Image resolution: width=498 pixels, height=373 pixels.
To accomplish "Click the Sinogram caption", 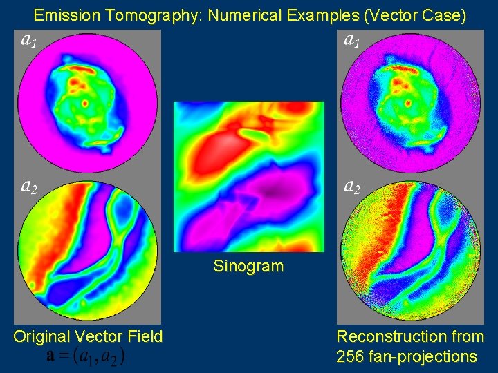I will pyautogui.click(x=248, y=266).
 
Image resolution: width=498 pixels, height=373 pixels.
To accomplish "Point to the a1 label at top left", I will pyautogui.click(x=28, y=39).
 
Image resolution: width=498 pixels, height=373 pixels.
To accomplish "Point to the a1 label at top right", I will pyautogui.click(x=352, y=39).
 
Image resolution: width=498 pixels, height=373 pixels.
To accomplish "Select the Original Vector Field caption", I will pyautogui.click(x=88, y=336).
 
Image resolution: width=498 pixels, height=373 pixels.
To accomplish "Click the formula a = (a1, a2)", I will pyautogui.click(x=86, y=356).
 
